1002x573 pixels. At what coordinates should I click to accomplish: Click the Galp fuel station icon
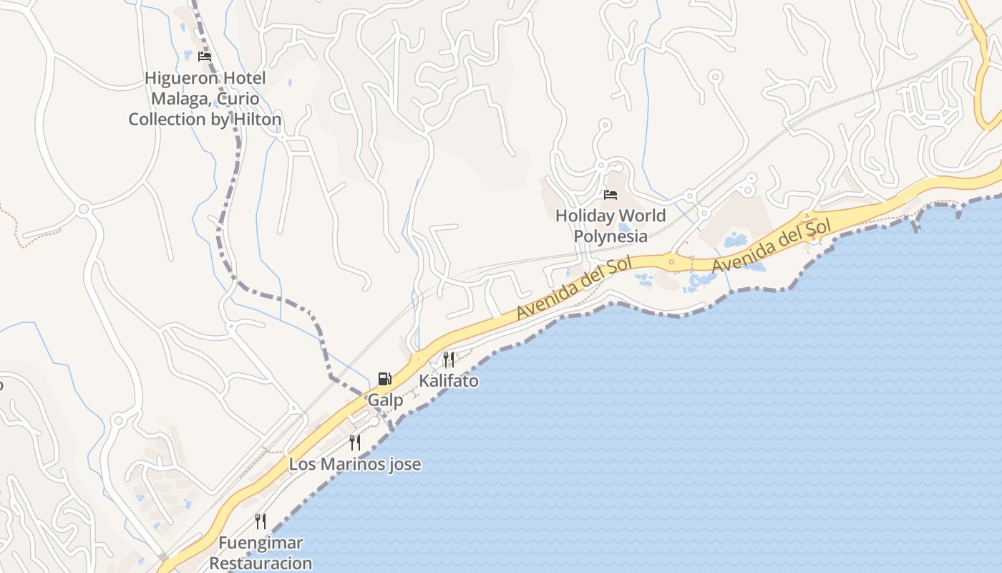click(384, 379)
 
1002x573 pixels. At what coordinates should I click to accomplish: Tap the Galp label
click(385, 400)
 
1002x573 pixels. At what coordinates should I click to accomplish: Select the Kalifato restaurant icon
click(449, 359)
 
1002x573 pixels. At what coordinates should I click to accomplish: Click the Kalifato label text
click(449, 381)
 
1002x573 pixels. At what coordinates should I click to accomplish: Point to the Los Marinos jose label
click(354, 464)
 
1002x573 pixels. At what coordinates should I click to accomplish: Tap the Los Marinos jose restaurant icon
click(354, 443)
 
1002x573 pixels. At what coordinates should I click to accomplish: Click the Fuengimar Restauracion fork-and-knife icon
click(261, 521)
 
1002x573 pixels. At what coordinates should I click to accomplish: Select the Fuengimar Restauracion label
click(261, 553)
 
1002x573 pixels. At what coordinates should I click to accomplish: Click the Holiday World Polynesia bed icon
click(611, 195)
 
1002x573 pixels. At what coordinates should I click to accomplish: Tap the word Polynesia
click(611, 236)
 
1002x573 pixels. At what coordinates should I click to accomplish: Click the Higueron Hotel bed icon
click(205, 57)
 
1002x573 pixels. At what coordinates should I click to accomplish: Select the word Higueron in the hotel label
click(175, 78)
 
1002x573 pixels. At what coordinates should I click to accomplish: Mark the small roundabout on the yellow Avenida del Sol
click(671, 261)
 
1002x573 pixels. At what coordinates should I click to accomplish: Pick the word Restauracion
click(261, 563)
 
